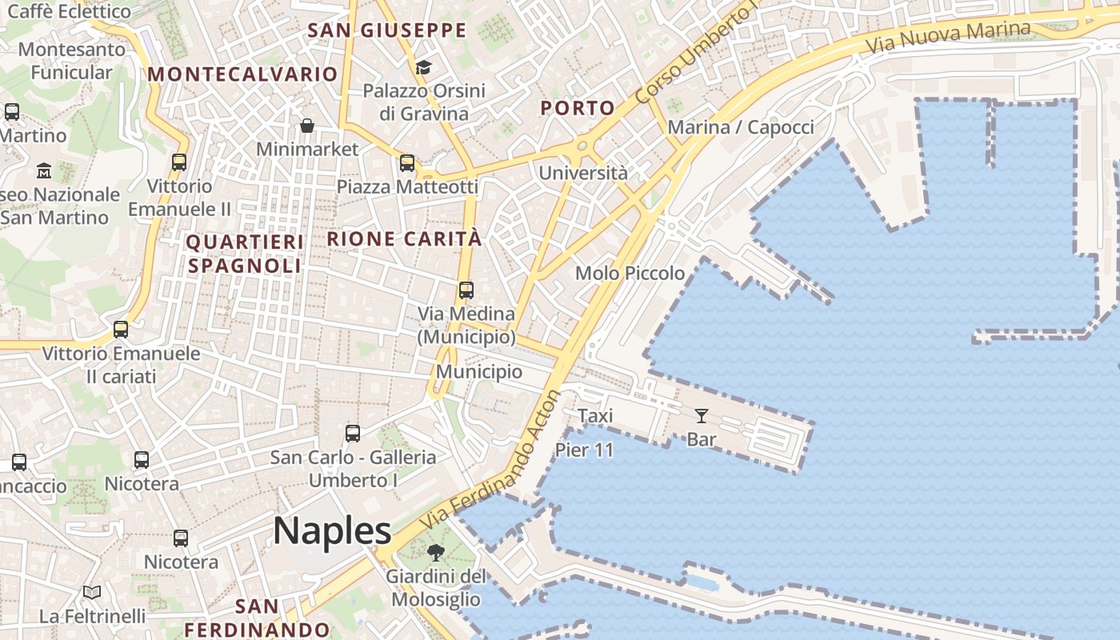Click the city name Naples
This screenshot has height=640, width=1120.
click(x=332, y=530)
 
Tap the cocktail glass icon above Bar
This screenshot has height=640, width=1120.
click(x=702, y=415)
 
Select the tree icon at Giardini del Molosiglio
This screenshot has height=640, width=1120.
click(x=435, y=552)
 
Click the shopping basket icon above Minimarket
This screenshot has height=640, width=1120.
click(x=307, y=126)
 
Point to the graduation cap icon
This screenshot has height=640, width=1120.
click(x=423, y=67)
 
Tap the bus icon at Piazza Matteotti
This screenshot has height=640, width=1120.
click(x=407, y=163)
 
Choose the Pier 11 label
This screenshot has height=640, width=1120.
click(x=584, y=450)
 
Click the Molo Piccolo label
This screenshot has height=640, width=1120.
click(x=630, y=274)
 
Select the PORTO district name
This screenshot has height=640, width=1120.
click(x=578, y=108)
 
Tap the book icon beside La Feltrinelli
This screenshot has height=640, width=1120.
click(x=92, y=592)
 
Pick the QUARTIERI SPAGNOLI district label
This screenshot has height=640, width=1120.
click(x=244, y=254)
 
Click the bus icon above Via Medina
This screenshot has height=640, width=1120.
click(x=466, y=290)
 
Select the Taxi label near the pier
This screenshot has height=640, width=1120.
click(x=595, y=415)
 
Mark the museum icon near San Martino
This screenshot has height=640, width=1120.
click(x=44, y=170)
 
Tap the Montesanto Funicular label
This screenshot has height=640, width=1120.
click(x=72, y=61)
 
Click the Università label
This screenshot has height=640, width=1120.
click(x=583, y=173)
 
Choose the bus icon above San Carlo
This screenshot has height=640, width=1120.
click(x=353, y=434)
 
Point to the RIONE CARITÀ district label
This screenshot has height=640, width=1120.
click(x=405, y=238)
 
